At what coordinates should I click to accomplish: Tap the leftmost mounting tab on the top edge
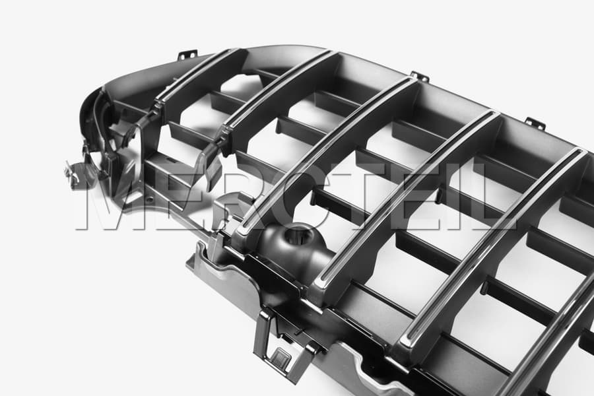[187, 55]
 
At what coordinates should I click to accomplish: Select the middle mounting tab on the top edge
[420, 76]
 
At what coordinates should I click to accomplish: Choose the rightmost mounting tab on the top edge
[535, 123]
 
